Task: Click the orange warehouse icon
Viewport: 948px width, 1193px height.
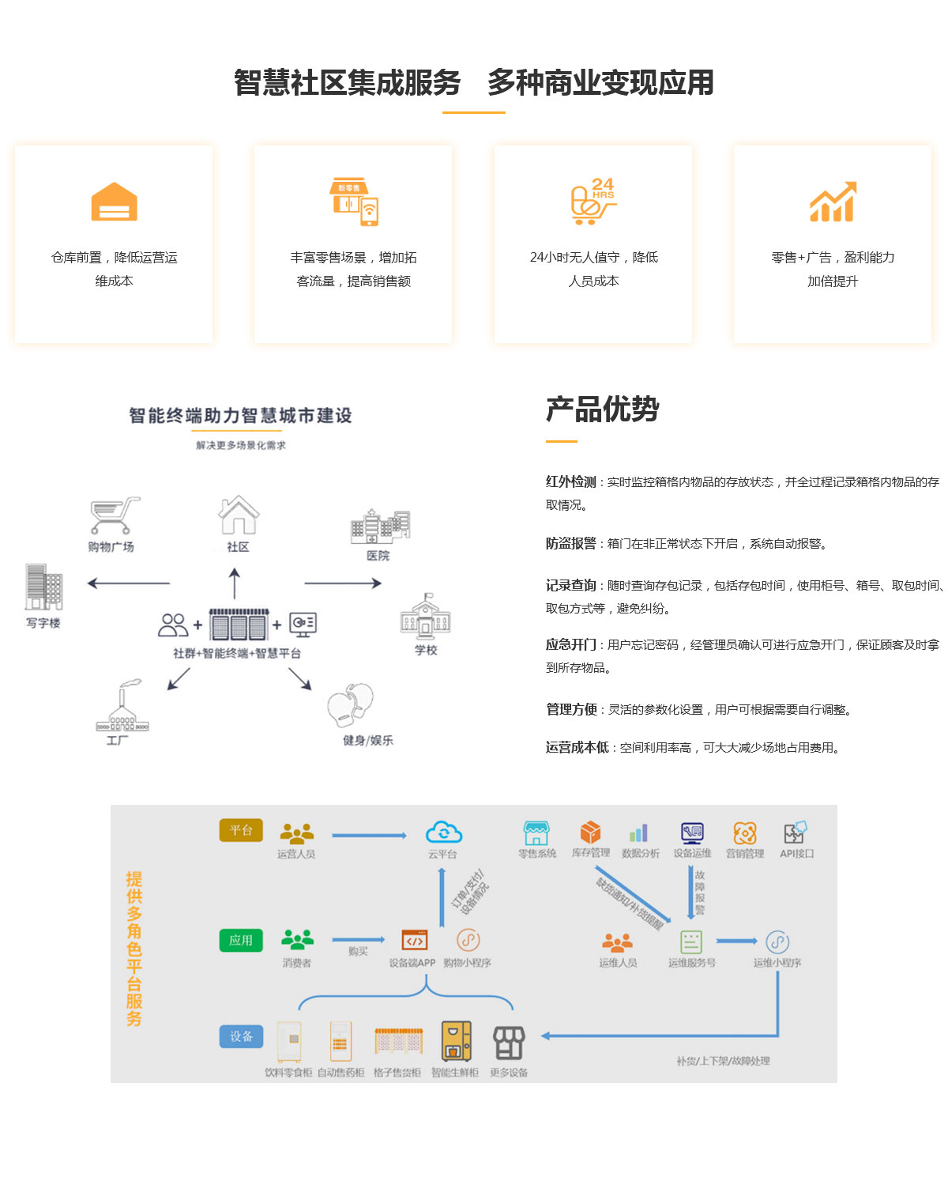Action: pyautogui.click(x=114, y=202)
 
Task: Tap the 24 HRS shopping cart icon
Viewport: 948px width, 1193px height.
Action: pyautogui.click(x=592, y=202)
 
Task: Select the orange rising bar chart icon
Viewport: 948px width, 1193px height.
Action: pyautogui.click(x=833, y=202)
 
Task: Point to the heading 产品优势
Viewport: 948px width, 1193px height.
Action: pyautogui.click(x=602, y=410)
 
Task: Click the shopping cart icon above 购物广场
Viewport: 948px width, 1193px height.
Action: pyautogui.click(x=115, y=515)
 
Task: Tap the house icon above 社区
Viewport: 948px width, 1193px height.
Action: pyautogui.click(x=239, y=515)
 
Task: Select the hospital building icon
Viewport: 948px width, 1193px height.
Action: pyautogui.click(x=380, y=526)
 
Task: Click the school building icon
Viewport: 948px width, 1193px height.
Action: pyautogui.click(x=425, y=617)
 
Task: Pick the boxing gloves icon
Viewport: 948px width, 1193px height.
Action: pyautogui.click(x=351, y=704)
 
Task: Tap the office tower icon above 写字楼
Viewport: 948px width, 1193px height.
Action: pyautogui.click(x=43, y=587)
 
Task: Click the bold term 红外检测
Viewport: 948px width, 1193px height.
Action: pyautogui.click(x=570, y=481)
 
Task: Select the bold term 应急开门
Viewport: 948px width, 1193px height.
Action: pyautogui.click(x=570, y=644)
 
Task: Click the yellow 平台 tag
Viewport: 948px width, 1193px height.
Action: pyautogui.click(x=241, y=830)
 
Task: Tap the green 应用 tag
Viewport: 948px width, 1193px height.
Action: pyautogui.click(x=241, y=940)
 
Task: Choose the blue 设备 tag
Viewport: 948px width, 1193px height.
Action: pyautogui.click(x=241, y=1036)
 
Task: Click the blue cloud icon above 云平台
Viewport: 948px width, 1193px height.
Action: pyautogui.click(x=443, y=832)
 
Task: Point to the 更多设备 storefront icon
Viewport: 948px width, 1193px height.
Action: pyautogui.click(x=509, y=1043)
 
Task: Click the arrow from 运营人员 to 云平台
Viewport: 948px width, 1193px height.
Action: pyautogui.click(x=369, y=835)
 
